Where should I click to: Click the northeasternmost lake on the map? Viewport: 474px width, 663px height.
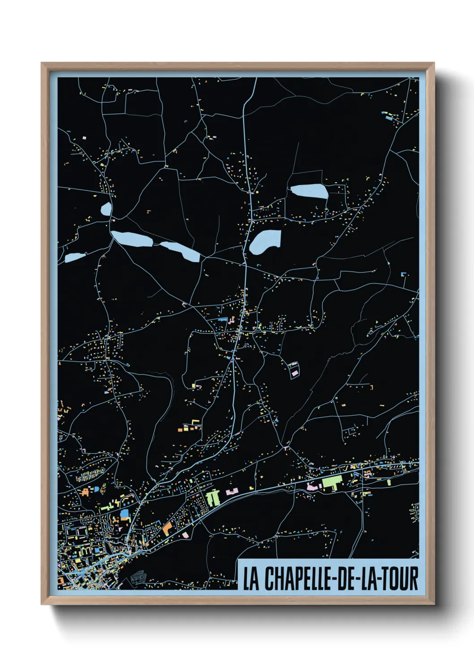click(310, 191)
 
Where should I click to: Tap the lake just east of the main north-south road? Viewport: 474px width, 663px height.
click(265, 241)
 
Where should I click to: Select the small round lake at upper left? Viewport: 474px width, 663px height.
click(107, 209)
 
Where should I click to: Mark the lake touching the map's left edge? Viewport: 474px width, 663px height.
click(74, 258)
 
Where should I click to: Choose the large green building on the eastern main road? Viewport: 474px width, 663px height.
click(332, 483)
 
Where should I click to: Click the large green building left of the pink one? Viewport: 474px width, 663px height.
click(213, 497)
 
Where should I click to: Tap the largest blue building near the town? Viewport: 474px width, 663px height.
click(125, 514)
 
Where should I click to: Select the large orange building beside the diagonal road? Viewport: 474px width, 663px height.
click(167, 529)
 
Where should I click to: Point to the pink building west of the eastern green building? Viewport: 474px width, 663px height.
click(311, 486)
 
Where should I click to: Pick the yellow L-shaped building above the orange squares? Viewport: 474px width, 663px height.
click(194, 422)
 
